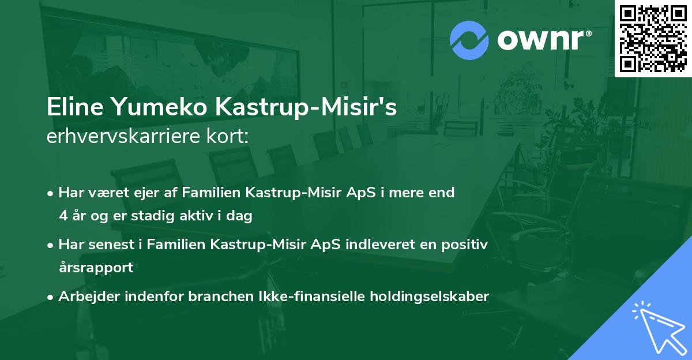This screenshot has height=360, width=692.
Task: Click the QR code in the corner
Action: (x=653, y=38)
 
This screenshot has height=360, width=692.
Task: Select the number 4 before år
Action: (x=63, y=216)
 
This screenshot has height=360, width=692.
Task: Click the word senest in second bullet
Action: (x=114, y=245)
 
